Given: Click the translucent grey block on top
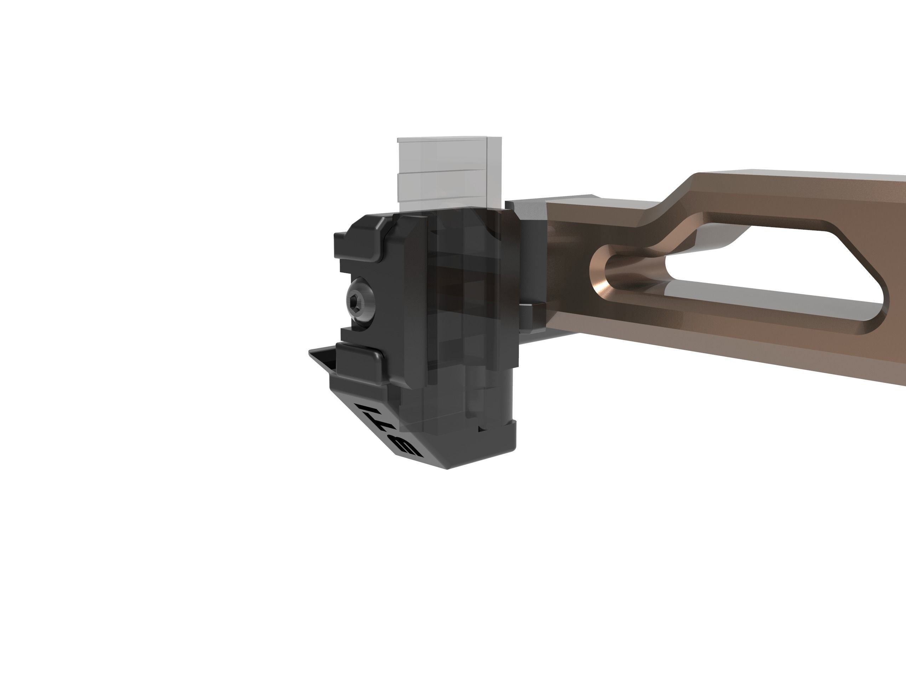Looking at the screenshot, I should pyautogui.click(x=448, y=172).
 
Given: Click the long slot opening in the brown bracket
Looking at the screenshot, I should pyautogui.click(x=758, y=270).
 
